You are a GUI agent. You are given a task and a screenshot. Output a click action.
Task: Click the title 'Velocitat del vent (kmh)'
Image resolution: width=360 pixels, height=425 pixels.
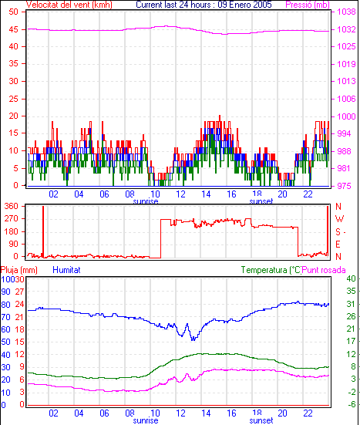69,5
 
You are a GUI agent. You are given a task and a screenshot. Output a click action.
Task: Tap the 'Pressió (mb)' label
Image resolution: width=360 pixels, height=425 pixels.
308,5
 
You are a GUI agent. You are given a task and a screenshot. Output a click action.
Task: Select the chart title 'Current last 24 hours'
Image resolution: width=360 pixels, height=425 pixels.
173,5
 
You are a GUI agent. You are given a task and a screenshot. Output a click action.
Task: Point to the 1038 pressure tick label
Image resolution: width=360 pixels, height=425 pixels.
346,12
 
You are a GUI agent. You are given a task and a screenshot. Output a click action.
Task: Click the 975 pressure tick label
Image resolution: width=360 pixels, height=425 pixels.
344,186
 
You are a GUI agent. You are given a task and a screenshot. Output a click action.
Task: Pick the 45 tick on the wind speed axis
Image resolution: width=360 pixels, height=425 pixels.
13,29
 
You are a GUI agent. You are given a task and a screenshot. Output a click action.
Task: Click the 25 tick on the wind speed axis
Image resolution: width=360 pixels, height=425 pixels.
13,99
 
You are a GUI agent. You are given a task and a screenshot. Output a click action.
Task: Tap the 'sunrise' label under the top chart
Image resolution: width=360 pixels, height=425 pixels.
146,201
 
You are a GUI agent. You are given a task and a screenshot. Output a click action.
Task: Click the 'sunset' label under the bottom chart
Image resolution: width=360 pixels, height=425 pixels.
261,420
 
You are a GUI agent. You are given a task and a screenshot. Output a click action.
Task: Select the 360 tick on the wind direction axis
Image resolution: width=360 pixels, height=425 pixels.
12,206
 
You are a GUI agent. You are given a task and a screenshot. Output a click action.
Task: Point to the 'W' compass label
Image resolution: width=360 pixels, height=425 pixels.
339,219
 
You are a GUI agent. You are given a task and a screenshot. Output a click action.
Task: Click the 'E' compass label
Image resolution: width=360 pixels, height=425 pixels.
338,245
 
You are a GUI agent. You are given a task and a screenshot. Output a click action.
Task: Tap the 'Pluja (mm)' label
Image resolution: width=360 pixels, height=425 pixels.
19,270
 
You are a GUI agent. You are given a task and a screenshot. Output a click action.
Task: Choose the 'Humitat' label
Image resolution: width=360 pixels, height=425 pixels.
66,270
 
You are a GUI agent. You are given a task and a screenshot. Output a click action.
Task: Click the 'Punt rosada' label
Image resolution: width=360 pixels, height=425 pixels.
324,270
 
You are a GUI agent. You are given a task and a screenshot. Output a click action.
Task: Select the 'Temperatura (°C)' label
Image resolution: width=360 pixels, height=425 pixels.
271,270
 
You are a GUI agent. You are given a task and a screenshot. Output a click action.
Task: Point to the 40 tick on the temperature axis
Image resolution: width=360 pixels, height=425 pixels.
351,278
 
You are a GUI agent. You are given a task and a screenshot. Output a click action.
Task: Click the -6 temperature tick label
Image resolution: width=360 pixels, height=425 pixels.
351,404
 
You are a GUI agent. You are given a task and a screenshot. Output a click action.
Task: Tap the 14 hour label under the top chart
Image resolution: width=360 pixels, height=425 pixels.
206,194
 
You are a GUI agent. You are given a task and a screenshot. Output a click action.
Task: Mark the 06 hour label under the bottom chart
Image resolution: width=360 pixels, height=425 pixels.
104,413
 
